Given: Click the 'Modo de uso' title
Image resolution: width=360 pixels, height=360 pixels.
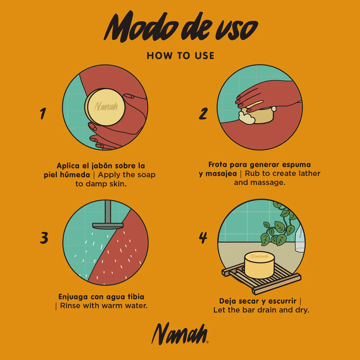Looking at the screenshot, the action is tap(181, 27).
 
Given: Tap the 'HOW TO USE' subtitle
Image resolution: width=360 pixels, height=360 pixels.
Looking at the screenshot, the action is tap(180, 56).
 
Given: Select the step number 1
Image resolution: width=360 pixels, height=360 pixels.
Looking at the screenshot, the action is tap(43, 113).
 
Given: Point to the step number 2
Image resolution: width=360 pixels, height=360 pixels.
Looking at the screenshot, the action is tap(203, 113).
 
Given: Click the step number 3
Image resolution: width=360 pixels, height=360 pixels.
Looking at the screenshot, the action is tap(44, 238).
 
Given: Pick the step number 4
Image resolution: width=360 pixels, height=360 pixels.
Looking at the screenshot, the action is tap(203, 238).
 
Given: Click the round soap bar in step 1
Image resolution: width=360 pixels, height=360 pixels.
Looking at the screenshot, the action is tap(105, 107).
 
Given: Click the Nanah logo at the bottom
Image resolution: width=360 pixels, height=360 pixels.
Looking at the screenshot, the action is tap(180, 334).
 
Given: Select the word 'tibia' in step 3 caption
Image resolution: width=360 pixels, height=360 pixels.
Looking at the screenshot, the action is tap(136, 297).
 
